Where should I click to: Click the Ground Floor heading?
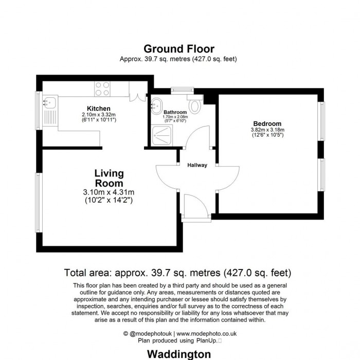178,49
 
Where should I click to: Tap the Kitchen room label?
98,109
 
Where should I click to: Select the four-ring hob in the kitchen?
102,89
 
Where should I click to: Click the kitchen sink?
50,102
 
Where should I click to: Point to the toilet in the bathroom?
194,105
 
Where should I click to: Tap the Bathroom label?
175,112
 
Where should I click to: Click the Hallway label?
197,165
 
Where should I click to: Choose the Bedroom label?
267,124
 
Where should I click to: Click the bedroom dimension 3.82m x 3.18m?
267,130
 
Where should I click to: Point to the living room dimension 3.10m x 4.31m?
109,193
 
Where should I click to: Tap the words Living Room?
109,178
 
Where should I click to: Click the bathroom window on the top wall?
181,89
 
